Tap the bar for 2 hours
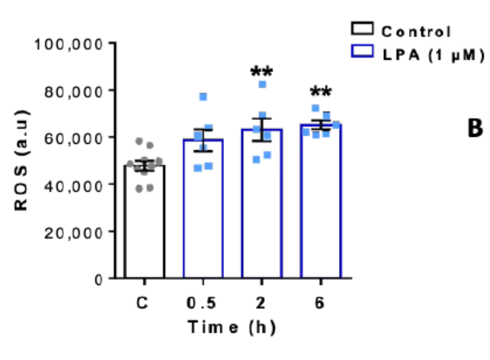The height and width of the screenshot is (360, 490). coord(262,204)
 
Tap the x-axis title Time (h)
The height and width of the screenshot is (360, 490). coord(232,328)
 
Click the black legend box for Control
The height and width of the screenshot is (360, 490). coord(362,29)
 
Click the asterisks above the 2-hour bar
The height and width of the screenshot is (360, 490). coord(261,72)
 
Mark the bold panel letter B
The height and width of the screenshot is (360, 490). coord(475,128)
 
